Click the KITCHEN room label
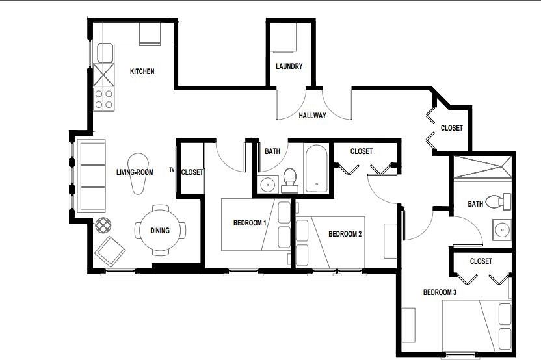click(x=142, y=71)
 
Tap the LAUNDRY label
click(x=289, y=66)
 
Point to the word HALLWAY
click(x=312, y=116)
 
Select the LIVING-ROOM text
click(x=135, y=172)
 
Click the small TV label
click(x=172, y=169)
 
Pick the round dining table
click(x=160, y=230)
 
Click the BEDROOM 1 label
click(x=250, y=223)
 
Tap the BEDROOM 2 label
click(x=345, y=234)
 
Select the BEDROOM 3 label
click(x=440, y=292)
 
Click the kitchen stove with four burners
click(x=104, y=99)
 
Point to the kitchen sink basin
click(x=105, y=53)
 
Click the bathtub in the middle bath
click(x=317, y=169)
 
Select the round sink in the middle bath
click(x=267, y=185)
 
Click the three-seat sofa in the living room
click(x=92, y=176)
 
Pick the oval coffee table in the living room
click(x=138, y=174)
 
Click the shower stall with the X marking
click(x=482, y=167)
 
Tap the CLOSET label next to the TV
click(x=192, y=172)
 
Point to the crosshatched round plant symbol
click(x=103, y=225)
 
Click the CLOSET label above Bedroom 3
click(x=481, y=261)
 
